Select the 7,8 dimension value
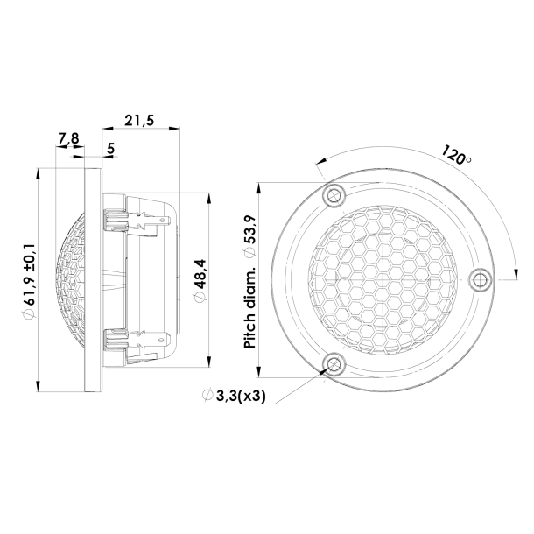(x=68, y=139)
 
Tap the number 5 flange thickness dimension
(x=110, y=150)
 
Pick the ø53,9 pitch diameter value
(x=251, y=231)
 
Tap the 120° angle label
(x=456, y=158)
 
